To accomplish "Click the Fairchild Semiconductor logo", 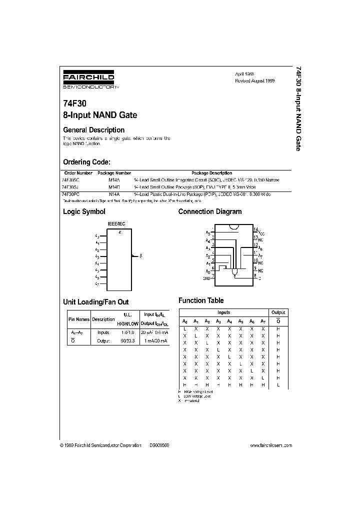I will click(x=88, y=80).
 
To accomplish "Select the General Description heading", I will click(x=93, y=130).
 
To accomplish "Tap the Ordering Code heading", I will click(x=86, y=162).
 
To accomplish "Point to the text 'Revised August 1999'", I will click(x=255, y=80).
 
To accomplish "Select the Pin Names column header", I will click(x=78, y=319).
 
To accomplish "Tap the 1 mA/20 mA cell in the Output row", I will click(x=155, y=340).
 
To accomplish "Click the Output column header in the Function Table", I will click(x=278, y=312).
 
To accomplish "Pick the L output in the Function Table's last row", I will click(x=278, y=385).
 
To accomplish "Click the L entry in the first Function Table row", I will click(x=184, y=329).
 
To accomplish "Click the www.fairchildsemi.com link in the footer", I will click(x=270, y=445).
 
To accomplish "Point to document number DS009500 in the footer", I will click(x=159, y=445).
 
